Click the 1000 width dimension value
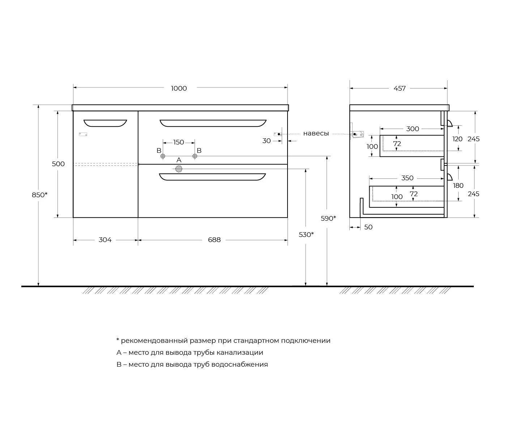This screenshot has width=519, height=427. [x=179, y=89]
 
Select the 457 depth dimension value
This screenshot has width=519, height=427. [x=399, y=89]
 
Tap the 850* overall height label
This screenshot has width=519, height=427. [x=39, y=195]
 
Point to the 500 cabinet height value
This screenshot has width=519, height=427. [x=58, y=164]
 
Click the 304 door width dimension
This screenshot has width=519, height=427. [x=105, y=240]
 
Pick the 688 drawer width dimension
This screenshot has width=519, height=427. [x=214, y=240]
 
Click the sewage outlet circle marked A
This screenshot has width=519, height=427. [x=179, y=169]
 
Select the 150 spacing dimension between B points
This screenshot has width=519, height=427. [x=179, y=142]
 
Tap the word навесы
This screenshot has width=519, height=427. [x=316, y=134]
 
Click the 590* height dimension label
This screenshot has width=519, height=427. [x=328, y=219]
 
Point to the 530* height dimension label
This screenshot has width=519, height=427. [x=306, y=234]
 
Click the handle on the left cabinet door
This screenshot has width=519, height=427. [x=105, y=124]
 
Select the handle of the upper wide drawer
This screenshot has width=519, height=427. [x=213, y=124]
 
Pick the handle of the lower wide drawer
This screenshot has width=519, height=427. [x=213, y=177]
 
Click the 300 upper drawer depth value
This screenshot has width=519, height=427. [x=413, y=129]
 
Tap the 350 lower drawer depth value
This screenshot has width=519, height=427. [x=407, y=178]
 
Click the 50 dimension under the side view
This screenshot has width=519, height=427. [x=369, y=227]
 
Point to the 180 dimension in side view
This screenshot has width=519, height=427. [x=458, y=186]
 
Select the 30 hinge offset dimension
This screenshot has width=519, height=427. [x=267, y=141]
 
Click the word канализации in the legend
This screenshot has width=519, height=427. [x=240, y=353]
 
